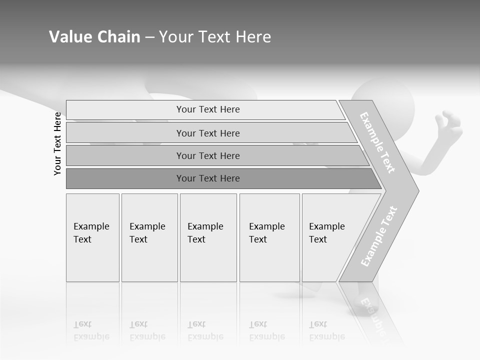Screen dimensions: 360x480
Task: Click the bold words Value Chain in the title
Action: (94, 37)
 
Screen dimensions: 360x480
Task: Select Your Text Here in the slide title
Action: (215, 37)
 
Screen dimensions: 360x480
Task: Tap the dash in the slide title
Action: (149, 37)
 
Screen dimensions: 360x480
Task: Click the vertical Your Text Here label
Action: (57, 143)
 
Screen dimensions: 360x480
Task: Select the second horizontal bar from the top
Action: (207, 133)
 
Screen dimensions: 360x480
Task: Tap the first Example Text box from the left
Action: (92, 237)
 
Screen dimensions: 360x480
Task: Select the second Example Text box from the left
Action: (149, 237)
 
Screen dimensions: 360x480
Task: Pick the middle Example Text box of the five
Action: (208, 237)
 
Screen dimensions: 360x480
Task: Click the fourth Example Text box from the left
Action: (269, 237)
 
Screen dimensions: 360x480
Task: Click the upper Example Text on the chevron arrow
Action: (377, 142)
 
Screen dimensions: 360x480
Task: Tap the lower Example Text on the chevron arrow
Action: (379, 236)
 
